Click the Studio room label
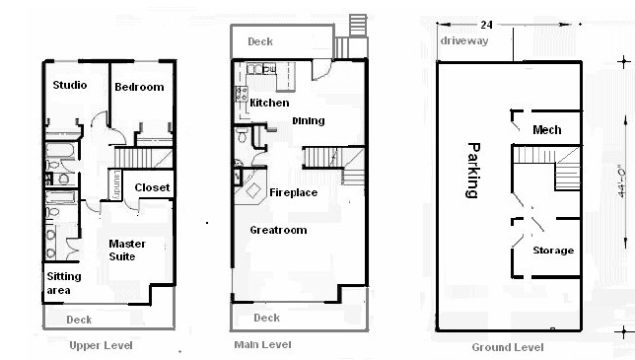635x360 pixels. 70,85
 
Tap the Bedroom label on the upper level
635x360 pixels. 139,87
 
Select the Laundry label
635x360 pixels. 116,184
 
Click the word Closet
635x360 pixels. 152,187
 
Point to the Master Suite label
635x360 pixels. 127,250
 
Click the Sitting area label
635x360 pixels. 64,283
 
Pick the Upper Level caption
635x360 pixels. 101,345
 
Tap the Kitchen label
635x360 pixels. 269,103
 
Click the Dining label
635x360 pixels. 309,120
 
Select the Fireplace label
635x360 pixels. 294,192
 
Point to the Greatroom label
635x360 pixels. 278,230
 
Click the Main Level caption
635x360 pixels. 262,344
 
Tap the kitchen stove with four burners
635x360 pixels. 242,94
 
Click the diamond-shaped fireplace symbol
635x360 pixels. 253,190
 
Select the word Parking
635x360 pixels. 472,170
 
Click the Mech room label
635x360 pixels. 546,130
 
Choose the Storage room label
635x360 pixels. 553,251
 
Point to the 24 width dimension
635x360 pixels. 486,25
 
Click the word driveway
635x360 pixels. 464,40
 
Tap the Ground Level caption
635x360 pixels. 508,347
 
